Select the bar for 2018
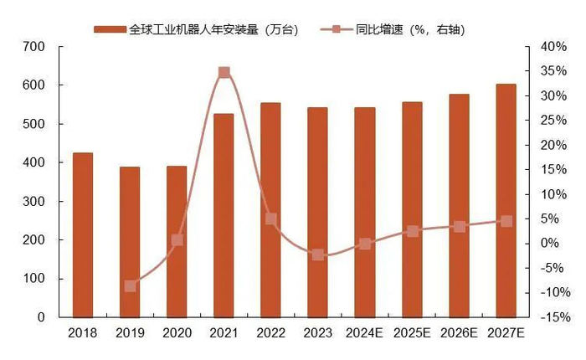coord(83,235)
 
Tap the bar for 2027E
coord(506,201)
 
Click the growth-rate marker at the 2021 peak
coord(224,73)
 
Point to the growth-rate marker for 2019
coord(130,286)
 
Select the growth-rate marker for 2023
coord(318,255)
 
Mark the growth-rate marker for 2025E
coord(412,231)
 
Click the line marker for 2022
coord(270,219)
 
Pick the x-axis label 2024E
coord(365,333)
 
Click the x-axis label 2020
coord(177,333)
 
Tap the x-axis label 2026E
coord(459,333)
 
